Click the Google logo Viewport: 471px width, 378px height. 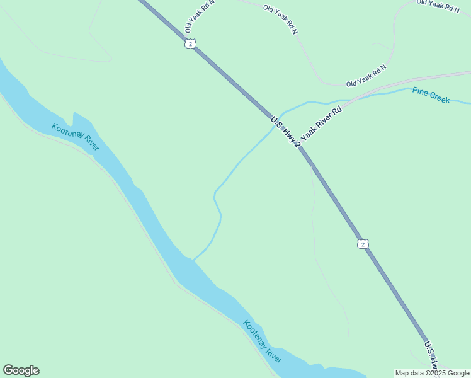coord(21,370)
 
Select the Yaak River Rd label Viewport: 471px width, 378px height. coord(321,123)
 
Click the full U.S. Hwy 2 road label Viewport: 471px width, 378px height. coord(286,132)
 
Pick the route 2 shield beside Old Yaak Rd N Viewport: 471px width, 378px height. coord(190,43)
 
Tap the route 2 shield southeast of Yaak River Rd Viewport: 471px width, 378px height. coord(362,244)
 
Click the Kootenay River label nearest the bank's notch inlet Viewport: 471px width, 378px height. coord(75,137)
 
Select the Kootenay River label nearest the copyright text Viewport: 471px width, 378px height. coord(263,341)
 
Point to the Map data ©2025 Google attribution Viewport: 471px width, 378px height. coord(433,373)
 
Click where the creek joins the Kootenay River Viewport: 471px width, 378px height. coord(192,259)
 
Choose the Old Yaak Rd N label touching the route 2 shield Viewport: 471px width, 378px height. coord(200,17)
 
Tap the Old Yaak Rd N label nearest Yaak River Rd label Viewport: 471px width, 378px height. coord(366,75)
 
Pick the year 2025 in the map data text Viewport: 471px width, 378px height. coord(435,373)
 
